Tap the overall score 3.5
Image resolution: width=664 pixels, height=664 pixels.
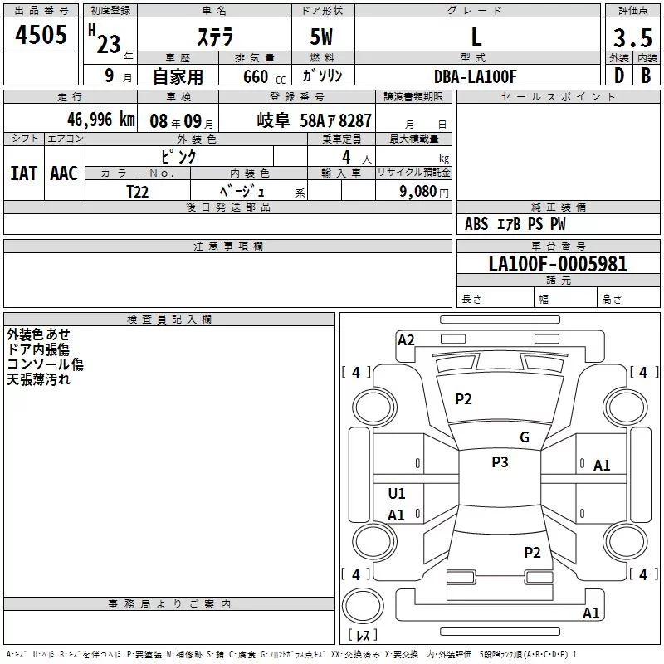pyautogui.click(x=632, y=38)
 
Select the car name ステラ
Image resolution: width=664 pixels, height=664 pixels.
pyautogui.click(x=215, y=37)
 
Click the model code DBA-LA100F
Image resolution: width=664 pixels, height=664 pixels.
pyautogui.click(x=476, y=76)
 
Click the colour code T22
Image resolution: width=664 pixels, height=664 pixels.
pyautogui.click(x=138, y=190)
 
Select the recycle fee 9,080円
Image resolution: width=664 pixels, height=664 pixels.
pyautogui.click(x=423, y=191)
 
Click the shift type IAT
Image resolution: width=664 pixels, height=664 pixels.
pyautogui.click(x=23, y=173)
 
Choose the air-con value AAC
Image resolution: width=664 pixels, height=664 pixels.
pyautogui.click(x=64, y=173)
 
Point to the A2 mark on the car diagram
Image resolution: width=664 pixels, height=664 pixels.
pyautogui.click(x=406, y=339)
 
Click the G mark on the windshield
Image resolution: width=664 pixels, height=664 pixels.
pyautogui.click(x=524, y=437)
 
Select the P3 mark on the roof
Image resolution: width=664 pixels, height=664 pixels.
pyautogui.click(x=500, y=462)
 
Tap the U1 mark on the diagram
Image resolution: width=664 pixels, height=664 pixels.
pyautogui.click(x=397, y=494)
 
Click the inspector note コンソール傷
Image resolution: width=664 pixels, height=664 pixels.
pyautogui.click(x=45, y=364)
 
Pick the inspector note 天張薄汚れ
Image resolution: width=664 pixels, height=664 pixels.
pyautogui.click(x=39, y=379)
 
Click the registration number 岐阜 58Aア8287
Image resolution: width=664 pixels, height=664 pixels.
pyautogui.click(x=315, y=120)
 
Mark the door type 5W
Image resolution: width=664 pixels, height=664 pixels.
pyautogui.click(x=323, y=37)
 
